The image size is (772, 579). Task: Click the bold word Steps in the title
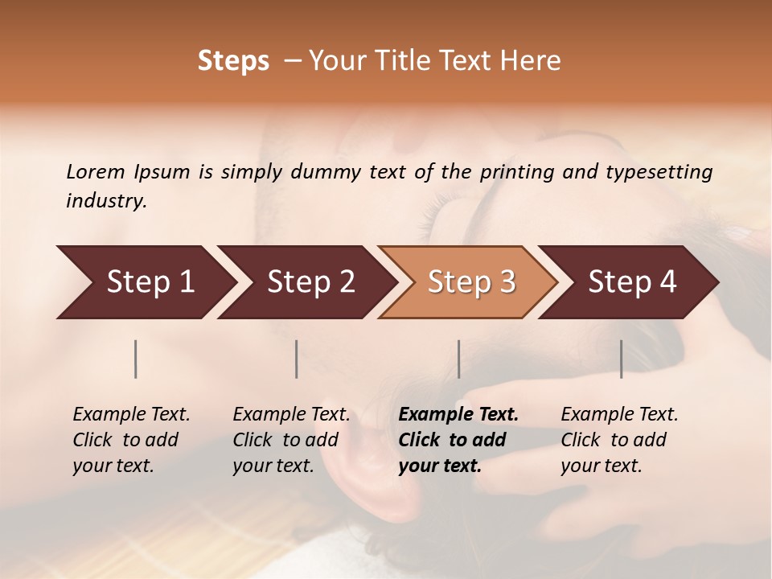[x=233, y=61]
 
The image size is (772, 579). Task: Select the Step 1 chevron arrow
[x=145, y=282]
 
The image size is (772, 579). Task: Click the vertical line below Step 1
[x=136, y=359]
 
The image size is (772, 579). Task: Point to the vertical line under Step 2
[x=297, y=359]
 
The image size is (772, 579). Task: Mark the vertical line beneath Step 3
[x=459, y=359]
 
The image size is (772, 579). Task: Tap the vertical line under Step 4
[x=622, y=359]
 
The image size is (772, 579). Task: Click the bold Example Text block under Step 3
[x=458, y=440]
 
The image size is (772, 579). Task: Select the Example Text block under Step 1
[x=131, y=440]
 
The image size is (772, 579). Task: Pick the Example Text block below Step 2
[x=291, y=440]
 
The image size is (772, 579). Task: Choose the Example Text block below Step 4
[x=619, y=440]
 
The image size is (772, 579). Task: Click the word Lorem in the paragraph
[x=95, y=171]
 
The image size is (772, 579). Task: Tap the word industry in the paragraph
[x=106, y=201]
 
